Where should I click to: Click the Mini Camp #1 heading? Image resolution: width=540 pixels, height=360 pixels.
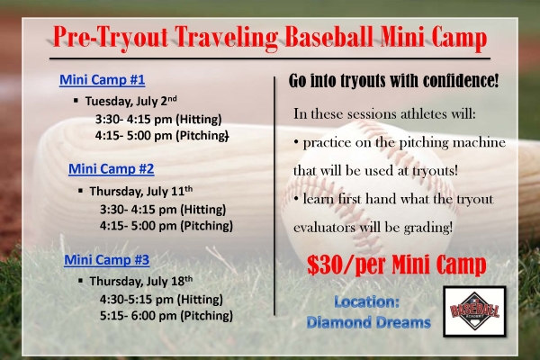[x=103, y=80]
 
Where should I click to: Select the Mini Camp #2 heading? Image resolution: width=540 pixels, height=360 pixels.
[x=112, y=169]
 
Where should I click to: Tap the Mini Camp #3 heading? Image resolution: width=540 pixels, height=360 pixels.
[x=107, y=259]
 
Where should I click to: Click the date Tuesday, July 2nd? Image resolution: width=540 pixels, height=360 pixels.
[x=131, y=101]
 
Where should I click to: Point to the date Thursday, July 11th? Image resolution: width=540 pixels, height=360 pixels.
[x=141, y=191]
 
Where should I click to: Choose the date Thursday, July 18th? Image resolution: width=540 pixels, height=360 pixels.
[x=141, y=281]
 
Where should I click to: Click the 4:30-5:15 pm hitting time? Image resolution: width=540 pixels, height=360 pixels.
[x=161, y=299]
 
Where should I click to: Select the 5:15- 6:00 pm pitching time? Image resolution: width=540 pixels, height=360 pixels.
[x=166, y=316]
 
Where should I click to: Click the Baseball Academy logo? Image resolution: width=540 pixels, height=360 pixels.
[x=474, y=311]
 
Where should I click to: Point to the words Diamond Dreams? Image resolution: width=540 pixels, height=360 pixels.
[x=368, y=322]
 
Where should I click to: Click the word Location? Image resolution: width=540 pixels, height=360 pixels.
[x=367, y=301]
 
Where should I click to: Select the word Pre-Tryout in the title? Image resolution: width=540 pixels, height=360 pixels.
[x=111, y=37]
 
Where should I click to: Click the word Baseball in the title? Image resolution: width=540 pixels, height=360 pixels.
[x=328, y=36]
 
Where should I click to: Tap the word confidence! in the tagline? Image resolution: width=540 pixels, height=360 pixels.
[x=461, y=81]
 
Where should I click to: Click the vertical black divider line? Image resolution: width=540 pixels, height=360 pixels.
[x=274, y=195]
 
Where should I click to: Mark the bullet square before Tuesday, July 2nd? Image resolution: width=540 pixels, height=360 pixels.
[x=76, y=100]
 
